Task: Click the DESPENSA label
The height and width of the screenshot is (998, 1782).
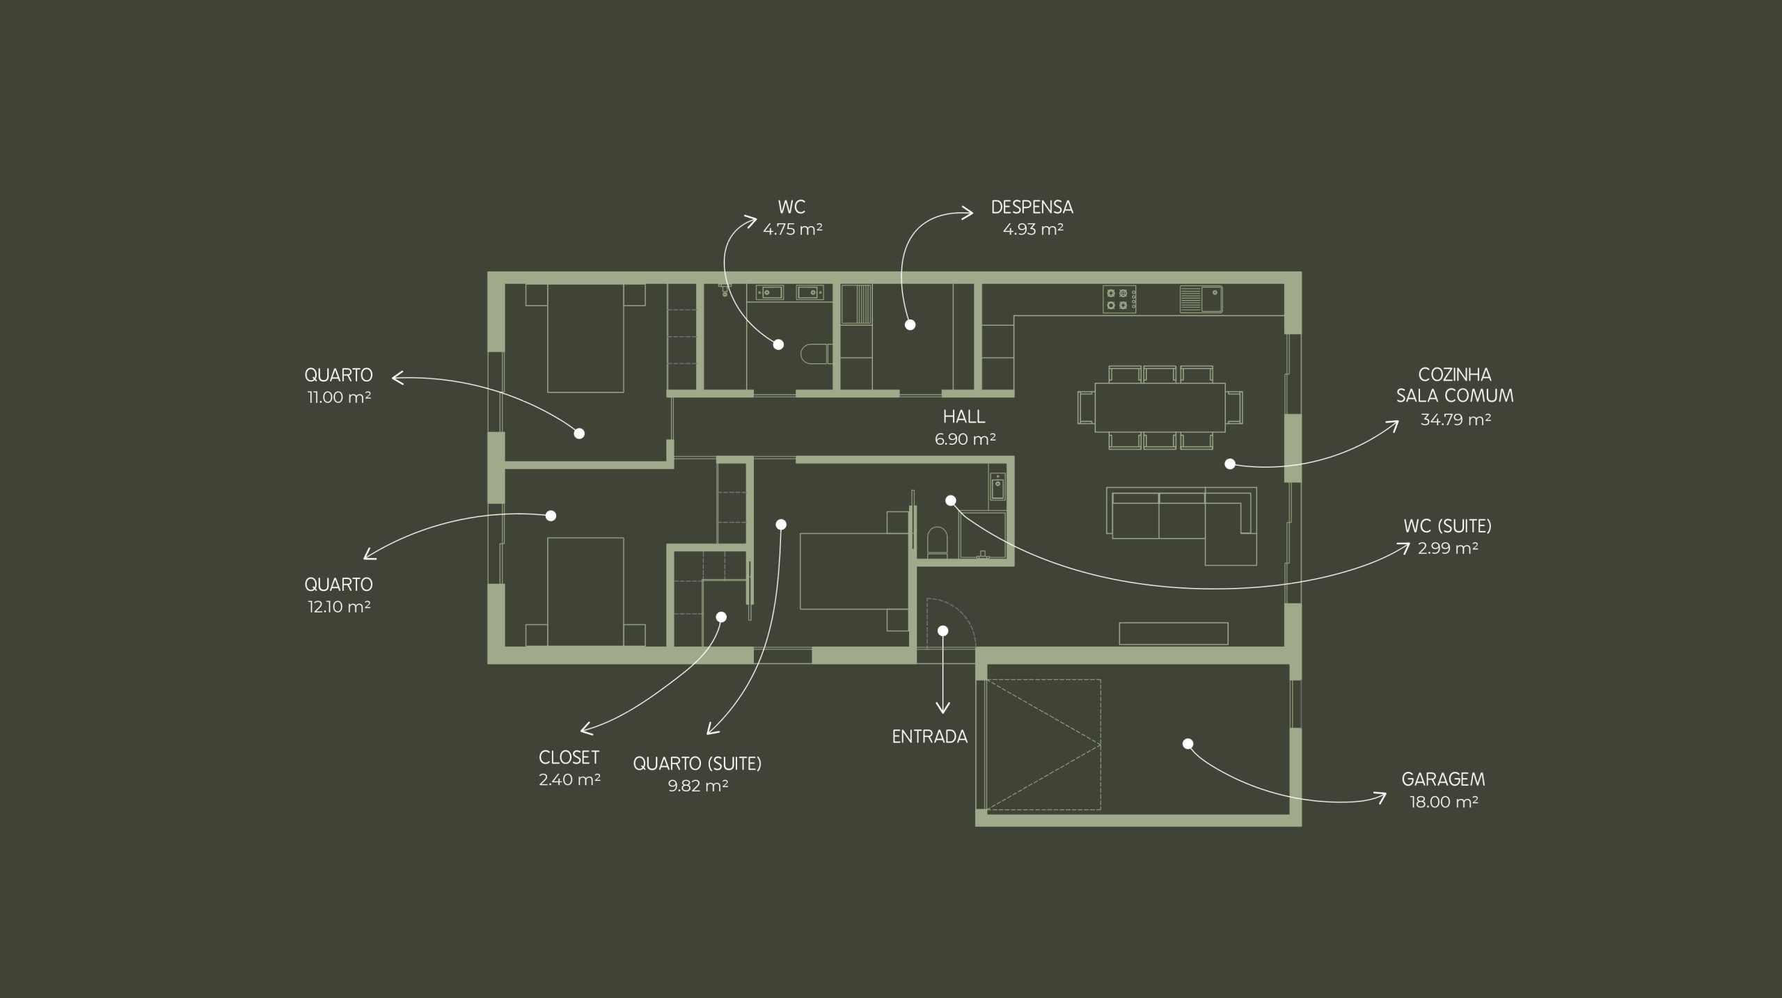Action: click(x=1032, y=207)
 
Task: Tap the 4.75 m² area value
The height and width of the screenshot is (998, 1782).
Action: click(x=793, y=230)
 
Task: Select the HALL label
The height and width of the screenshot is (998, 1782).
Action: click(x=964, y=417)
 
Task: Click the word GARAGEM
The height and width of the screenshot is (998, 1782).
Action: click(x=1443, y=779)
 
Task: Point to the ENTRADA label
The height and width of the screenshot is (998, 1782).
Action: click(x=930, y=737)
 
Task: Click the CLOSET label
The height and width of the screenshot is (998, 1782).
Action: click(x=569, y=757)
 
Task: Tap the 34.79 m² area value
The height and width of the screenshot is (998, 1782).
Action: click(x=1456, y=420)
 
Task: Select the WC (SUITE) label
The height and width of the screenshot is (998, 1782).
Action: click(x=1448, y=526)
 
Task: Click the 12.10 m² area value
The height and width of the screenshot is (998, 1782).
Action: click(x=339, y=607)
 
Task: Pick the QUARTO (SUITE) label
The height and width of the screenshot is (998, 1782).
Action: click(x=697, y=763)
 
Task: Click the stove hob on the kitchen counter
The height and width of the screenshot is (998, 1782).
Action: click(x=1119, y=299)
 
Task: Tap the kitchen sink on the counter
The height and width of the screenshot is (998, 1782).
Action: click(x=1201, y=299)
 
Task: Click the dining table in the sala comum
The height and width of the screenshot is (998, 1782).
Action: click(x=1160, y=407)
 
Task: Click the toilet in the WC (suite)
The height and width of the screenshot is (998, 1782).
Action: click(x=937, y=542)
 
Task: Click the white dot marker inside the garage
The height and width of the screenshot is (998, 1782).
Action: click(x=1188, y=744)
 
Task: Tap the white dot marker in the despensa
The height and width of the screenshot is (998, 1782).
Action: click(x=910, y=325)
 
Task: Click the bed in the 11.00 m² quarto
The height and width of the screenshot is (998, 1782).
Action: click(x=585, y=338)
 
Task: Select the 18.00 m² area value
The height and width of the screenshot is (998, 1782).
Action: click(x=1444, y=802)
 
